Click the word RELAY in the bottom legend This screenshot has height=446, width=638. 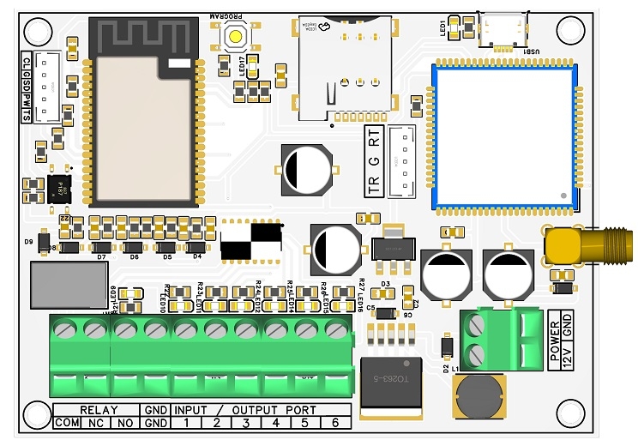tap(98, 410)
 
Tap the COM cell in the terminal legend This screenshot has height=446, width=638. tap(67, 423)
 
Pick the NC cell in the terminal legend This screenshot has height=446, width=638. tap(97, 423)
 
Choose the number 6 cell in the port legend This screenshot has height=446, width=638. tap(335, 423)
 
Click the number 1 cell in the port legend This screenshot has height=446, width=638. tap(187, 423)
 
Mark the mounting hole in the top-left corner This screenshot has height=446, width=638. tap(37, 32)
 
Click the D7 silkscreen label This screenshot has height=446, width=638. tap(100, 256)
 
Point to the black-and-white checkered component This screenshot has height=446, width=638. tap(251, 239)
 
